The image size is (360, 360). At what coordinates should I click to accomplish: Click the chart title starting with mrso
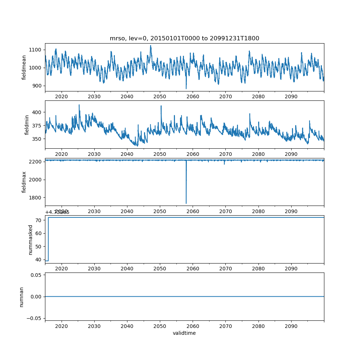184,39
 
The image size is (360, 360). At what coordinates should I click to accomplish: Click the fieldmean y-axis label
24,67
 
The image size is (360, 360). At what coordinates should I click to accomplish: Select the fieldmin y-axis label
27,125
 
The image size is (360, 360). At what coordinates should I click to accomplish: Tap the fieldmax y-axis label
24,182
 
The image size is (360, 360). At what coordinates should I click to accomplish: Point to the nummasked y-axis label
31,239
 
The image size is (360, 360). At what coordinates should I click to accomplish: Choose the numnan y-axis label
22,297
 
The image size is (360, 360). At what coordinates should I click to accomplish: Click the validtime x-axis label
184,333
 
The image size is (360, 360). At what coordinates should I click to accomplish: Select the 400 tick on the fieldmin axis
37,112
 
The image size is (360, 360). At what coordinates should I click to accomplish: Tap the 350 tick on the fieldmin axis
37,139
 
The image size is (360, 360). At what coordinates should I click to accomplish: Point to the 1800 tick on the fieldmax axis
36,198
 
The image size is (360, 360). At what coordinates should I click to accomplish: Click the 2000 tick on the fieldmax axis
36,180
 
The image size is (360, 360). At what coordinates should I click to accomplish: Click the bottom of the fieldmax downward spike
186,203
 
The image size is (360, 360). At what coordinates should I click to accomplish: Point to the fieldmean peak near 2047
150,46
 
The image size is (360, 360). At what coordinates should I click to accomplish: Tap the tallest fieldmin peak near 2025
79,105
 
